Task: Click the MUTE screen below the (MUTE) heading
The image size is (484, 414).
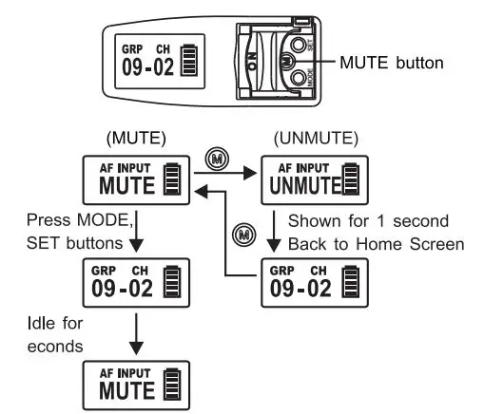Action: pos(132,176)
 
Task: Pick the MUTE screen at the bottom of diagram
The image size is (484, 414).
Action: pos(132,384)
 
